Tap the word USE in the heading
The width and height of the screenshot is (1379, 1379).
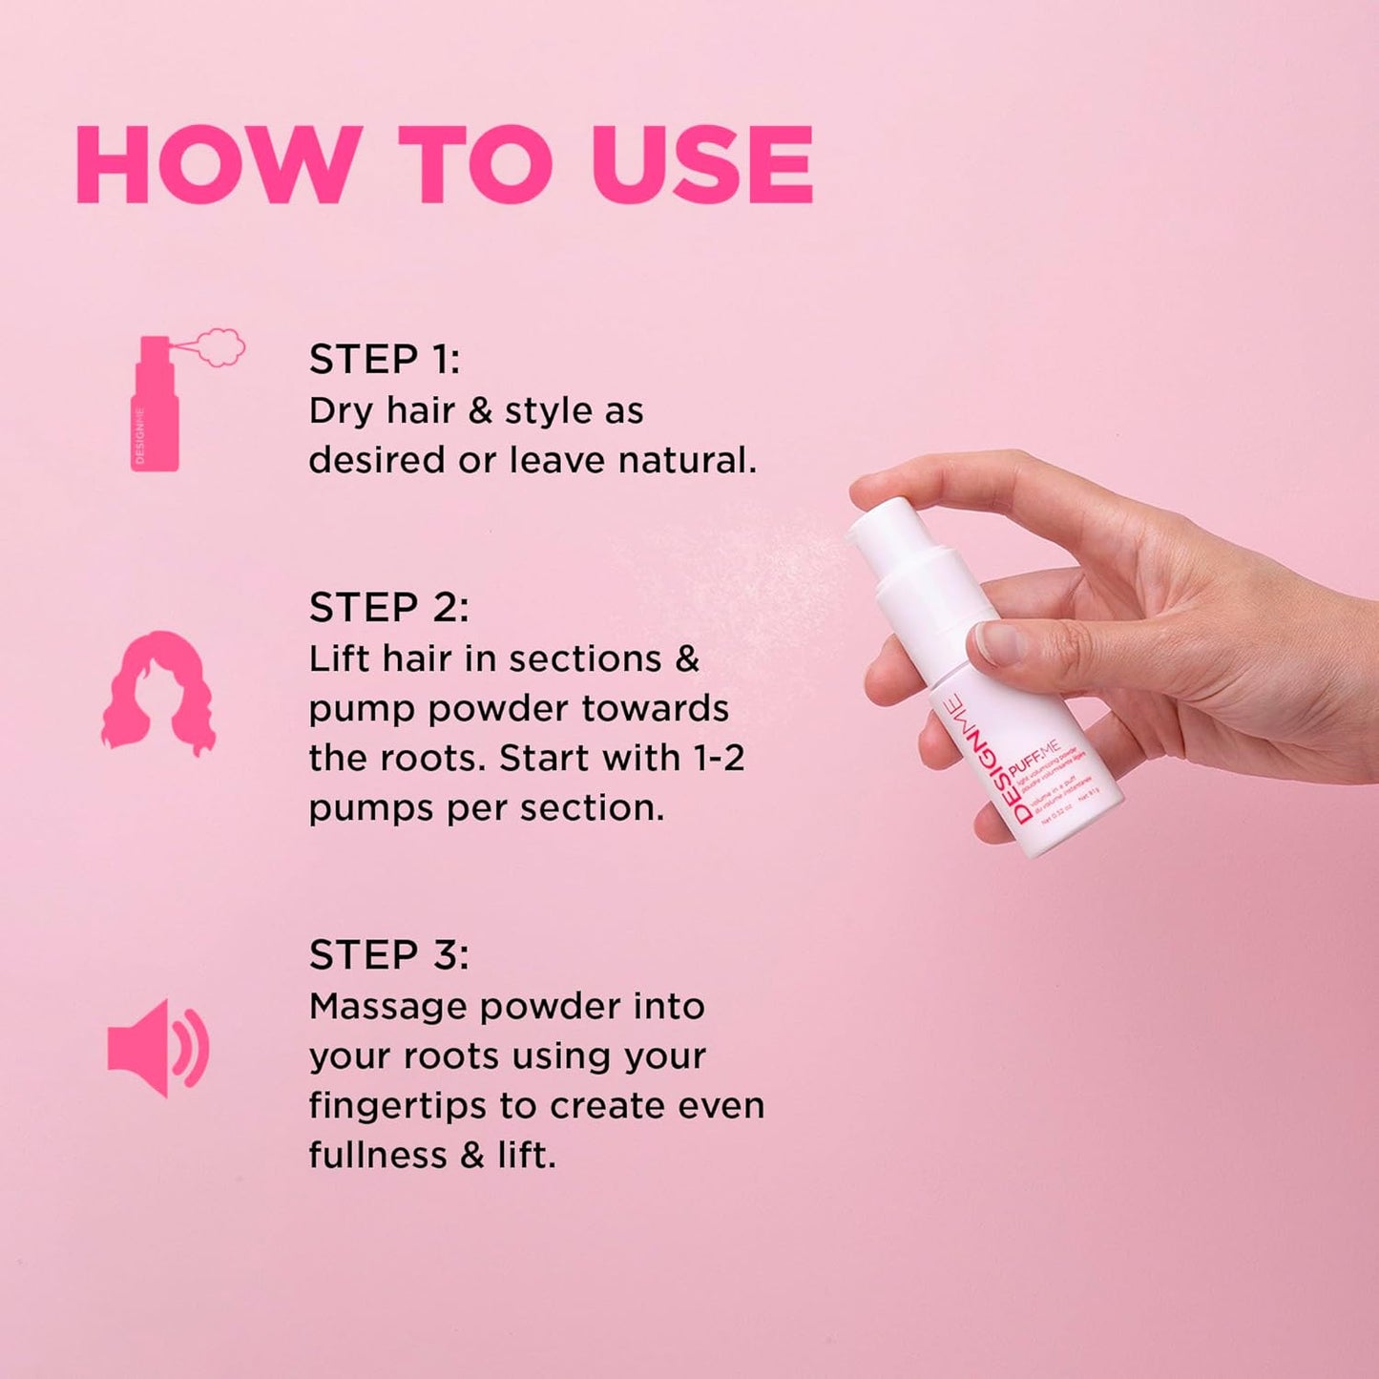701,164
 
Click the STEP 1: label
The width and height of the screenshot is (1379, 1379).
384,360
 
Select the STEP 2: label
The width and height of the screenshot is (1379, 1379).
388,608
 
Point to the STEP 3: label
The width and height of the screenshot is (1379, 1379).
388,955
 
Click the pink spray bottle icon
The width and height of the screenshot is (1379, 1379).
156,406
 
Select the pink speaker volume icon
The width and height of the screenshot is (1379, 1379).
157,1048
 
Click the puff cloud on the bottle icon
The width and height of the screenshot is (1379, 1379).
220,346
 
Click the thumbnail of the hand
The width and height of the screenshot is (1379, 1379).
997,642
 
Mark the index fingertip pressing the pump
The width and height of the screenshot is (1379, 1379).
873,489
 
